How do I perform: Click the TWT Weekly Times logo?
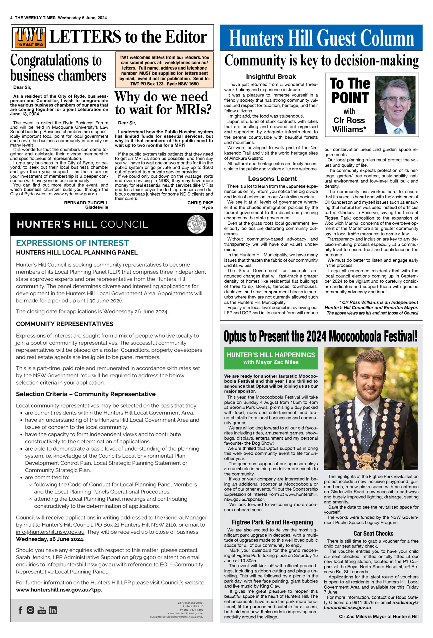(x=29, y=38)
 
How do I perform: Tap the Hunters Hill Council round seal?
(x=197, y=224)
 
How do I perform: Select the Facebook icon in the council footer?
(x=20, y=610)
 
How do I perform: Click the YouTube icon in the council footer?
(x=42, y=610)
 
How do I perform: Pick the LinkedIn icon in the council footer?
(x=53, y=610)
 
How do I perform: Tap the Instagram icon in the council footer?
(x=30, y=610)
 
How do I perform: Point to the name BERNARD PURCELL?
(x=86, y=203)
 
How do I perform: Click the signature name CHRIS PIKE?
(x=200, y=203)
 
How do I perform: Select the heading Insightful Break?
(x=271, y=77)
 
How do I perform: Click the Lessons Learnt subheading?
(x=272, y=179)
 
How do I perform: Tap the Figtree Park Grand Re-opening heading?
(x=272, y=522)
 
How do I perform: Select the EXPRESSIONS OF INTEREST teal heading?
(x=72, y=243)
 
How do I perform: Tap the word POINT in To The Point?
(x=350, y=98)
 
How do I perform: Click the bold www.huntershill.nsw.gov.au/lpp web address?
(x=59, y=589)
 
